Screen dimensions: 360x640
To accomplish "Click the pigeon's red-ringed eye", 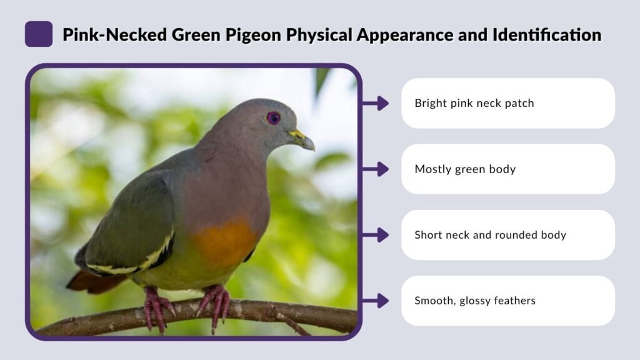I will [273, 117].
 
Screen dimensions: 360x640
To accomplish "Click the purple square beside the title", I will [39, 34].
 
